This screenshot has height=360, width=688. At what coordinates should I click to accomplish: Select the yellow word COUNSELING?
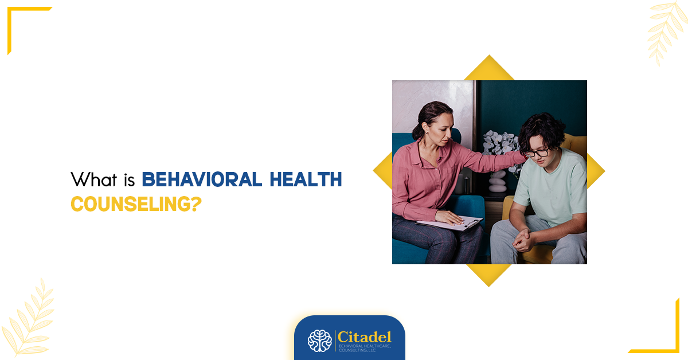[x=136, y=204]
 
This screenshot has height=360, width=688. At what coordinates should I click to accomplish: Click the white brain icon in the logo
[x=320, y=341]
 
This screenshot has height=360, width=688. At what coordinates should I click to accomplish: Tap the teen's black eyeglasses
[x=537, y=152]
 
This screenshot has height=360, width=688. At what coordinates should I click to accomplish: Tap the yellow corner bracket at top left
[x=23, y=23]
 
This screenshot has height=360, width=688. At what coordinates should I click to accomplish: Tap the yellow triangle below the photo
[x=489, y=274]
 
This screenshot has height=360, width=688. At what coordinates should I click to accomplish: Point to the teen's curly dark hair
[x=542, y=129]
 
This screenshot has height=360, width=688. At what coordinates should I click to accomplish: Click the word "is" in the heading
[x=128, y=179]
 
